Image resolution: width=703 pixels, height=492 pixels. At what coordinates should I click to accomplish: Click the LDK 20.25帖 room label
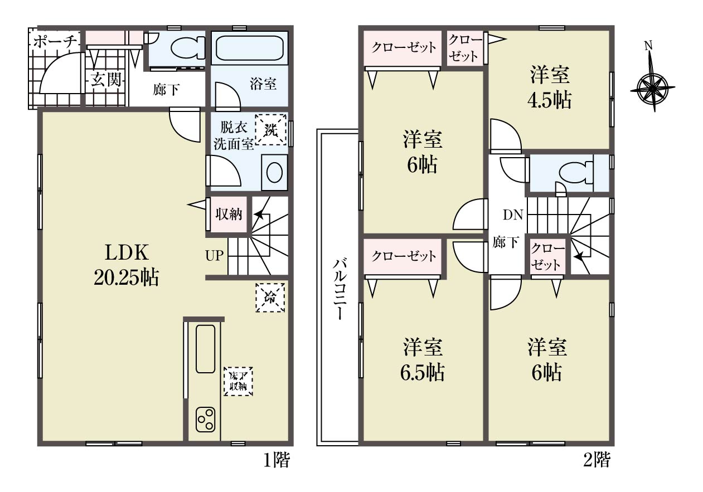pos(127,265)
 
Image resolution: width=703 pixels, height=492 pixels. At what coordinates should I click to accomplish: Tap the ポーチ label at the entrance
pos(55,42)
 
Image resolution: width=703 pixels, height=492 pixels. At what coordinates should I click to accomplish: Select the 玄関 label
pos(106,79)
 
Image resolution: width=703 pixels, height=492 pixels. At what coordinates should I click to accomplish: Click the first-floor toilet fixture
pos(188,48)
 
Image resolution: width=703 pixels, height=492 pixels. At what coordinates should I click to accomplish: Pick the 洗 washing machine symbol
pos(271,129)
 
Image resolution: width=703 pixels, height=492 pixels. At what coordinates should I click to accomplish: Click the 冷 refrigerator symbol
pos(270,298)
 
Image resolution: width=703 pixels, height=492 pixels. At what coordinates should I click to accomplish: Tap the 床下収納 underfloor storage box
pos(238,381)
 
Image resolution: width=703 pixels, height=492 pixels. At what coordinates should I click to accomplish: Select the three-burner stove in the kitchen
pos(206,420)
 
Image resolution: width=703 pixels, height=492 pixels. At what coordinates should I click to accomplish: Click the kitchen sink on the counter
pos(205,349)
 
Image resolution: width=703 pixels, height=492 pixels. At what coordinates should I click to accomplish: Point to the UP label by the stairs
pos(214,256)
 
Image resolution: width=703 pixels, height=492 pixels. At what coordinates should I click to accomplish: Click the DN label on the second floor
pos(513,215)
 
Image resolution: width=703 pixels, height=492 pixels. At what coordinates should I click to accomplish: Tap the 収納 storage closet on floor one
pos(229,215)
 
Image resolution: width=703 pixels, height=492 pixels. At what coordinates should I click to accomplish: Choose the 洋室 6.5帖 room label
pos(423,360)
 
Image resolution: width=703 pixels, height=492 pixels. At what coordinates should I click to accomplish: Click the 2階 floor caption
pos(597,460)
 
